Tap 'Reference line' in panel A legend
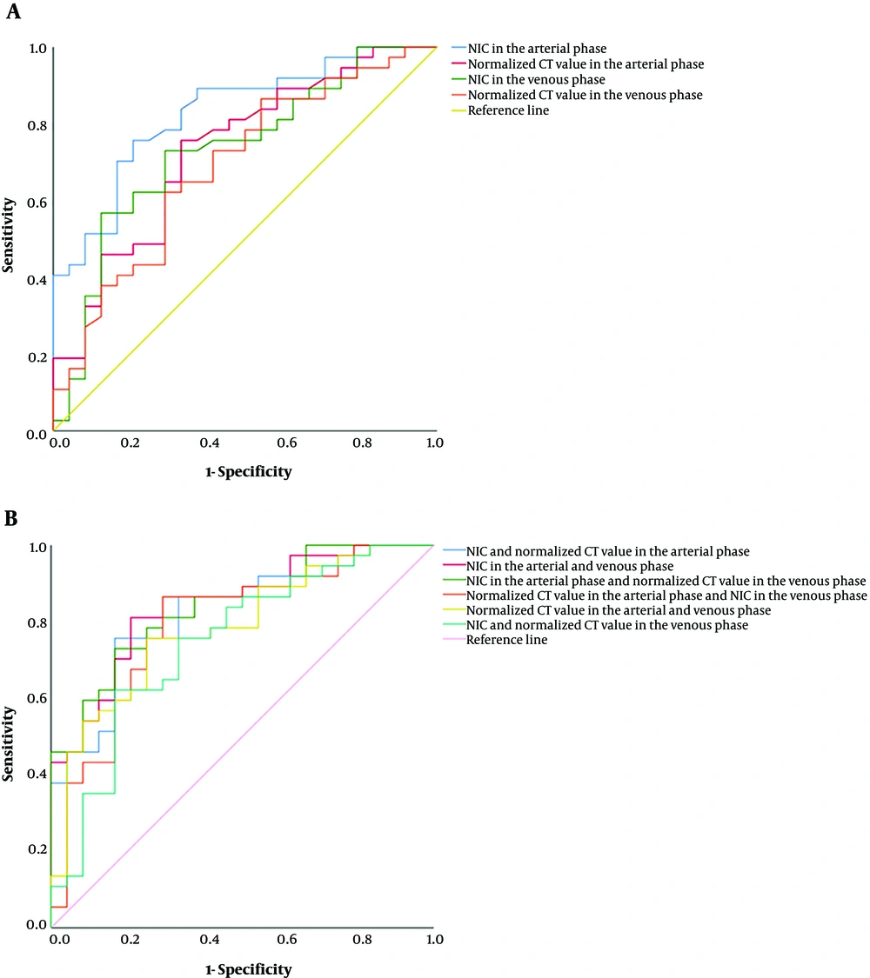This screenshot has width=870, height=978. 508,110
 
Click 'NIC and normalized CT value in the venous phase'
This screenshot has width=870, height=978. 606,625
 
